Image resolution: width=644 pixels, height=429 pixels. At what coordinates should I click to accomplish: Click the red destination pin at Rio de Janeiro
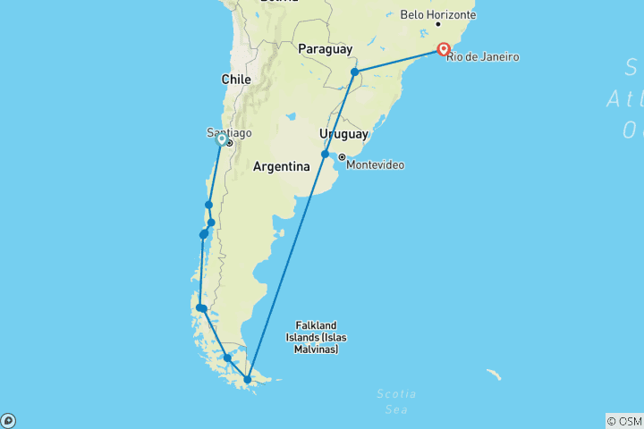pyautogui.click(x=443, y=49)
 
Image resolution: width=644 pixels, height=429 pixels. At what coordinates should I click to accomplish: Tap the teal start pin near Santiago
pyautogui.click(x=221, y=139)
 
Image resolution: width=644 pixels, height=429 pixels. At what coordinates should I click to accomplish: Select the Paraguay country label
pyautogui.click(x=325, y=48)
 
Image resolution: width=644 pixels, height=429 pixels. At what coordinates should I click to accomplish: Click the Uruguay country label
pyautogui.click(x=344, y=134)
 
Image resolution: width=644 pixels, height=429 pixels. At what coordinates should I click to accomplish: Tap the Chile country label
pyautogui.click(x=236, y=80)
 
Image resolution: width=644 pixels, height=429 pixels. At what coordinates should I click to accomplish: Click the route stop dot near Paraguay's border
pyautogui.click(x=354, y=71)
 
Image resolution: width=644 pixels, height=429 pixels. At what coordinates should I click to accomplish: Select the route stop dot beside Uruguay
pyautogui.click(x=326, y=154)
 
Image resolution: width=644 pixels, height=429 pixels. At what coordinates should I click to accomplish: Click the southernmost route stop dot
pyautogui.click(x=248, y=380)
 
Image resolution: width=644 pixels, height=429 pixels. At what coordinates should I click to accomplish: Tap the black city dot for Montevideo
pyautogui.click(x=342, y=157)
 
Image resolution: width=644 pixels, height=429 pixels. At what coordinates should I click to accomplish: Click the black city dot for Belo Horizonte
pyautogui.click(x=437, y=24)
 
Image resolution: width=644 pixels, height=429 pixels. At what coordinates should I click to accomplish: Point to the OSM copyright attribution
pyautogui.click(x=623, y=421)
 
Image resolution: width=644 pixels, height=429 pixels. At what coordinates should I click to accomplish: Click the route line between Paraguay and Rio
pyautogui.click(x=398, y=61)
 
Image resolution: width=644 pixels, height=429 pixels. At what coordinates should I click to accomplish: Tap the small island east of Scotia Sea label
pyautogui.click(x=494, y=373)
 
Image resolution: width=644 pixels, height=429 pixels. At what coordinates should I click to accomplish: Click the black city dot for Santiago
pyautogui.click(x=229, y=143)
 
